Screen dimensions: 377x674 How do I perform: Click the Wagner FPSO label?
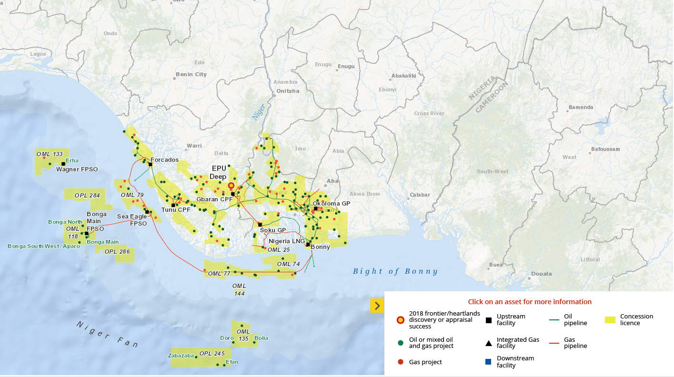tap(77, 169)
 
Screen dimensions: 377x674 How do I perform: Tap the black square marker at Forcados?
tap(150, 164)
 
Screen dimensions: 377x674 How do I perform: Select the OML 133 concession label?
tap(50, 154)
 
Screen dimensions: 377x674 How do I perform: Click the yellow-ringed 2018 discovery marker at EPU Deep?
tap(231, 186)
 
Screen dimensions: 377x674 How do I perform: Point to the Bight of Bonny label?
tap(395, 271)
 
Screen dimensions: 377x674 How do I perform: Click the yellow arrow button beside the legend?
tap(377, 306)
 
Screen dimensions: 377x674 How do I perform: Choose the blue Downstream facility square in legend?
tap(488, 362)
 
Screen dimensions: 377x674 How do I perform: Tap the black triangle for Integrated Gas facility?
tap(488, 343)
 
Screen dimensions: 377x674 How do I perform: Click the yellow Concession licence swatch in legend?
tap(610, 320)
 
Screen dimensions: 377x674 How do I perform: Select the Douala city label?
tap(541, 274)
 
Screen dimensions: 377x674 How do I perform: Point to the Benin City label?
tap(191, 74)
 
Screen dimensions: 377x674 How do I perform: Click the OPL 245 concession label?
tap(212, 354)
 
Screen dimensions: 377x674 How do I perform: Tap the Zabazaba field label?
tap(181, 356)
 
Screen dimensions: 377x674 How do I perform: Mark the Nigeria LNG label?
tap(286, 241)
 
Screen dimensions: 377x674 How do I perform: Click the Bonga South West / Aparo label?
tap(44, 246)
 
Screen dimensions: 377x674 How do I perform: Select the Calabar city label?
tap(420, 195)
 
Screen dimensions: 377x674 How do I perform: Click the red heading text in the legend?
tap(530, 302)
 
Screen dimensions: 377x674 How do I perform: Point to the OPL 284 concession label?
tap(87, 196)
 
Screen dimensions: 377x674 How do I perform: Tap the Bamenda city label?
tap(581, 107)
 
